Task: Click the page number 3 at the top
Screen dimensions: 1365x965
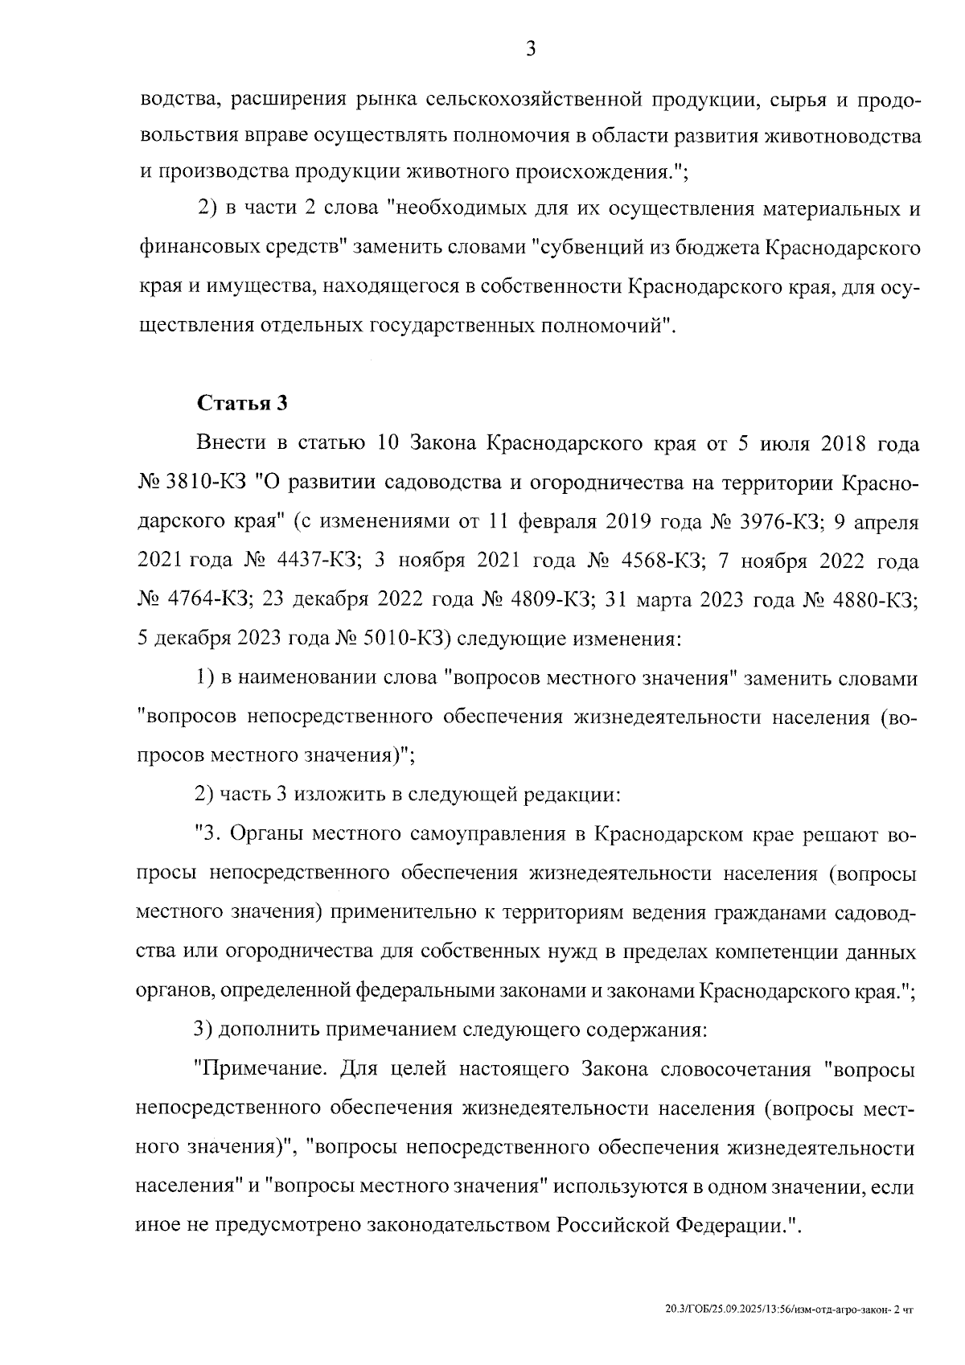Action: (x=531, y=50)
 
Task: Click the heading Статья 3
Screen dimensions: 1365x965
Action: (x=242, y=403)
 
